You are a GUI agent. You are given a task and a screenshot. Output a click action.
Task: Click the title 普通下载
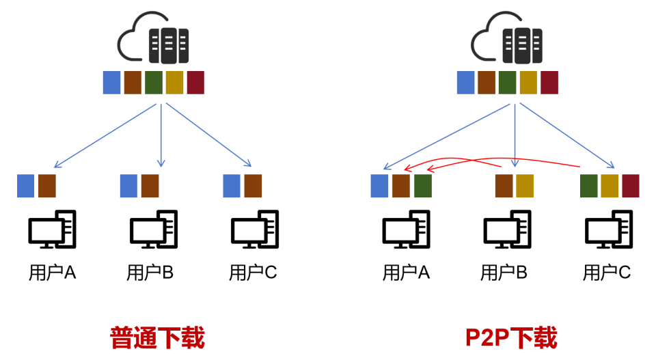point(157,337)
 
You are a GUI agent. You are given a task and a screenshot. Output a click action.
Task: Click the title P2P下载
point(511,337)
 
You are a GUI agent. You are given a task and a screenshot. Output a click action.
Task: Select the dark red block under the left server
point(195,83)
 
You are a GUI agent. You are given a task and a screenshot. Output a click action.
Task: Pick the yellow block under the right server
point(528,83)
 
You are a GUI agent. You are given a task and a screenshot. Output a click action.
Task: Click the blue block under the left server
point(111,83)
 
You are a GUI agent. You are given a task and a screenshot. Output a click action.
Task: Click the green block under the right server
point(507,83)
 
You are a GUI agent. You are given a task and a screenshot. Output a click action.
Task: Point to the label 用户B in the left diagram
point(150,273)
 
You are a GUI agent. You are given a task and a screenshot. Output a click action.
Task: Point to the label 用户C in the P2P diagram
point(607,273)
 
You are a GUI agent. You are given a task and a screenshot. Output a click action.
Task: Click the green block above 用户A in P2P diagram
point(423,186)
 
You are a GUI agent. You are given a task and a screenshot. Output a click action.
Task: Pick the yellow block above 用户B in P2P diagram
point(525,186)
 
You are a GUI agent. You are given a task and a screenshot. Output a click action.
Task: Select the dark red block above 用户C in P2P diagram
point(630,186)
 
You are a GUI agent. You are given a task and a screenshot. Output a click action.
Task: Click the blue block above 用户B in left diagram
point(128,186)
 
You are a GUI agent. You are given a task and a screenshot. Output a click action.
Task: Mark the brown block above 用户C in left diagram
point(253,186)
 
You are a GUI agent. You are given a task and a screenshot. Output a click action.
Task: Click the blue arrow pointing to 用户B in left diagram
point(161,137)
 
